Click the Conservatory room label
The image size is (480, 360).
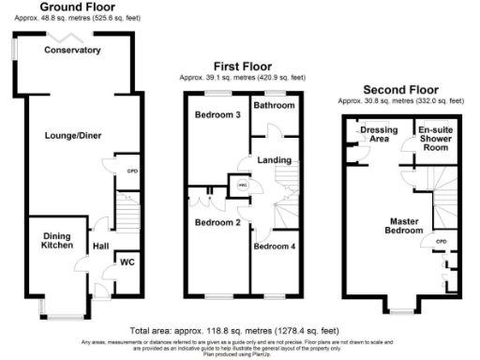pos(72,50)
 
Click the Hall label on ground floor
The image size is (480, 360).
pos(101,247)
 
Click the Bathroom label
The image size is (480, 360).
pos(274,106)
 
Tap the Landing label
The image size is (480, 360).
pos(274,159)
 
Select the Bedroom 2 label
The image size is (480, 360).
pos(218,222)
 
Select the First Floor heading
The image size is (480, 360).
pos(243,67)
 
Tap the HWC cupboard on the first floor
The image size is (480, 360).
pos(242,186)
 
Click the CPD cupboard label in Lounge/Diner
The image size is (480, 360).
pos(131,172)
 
